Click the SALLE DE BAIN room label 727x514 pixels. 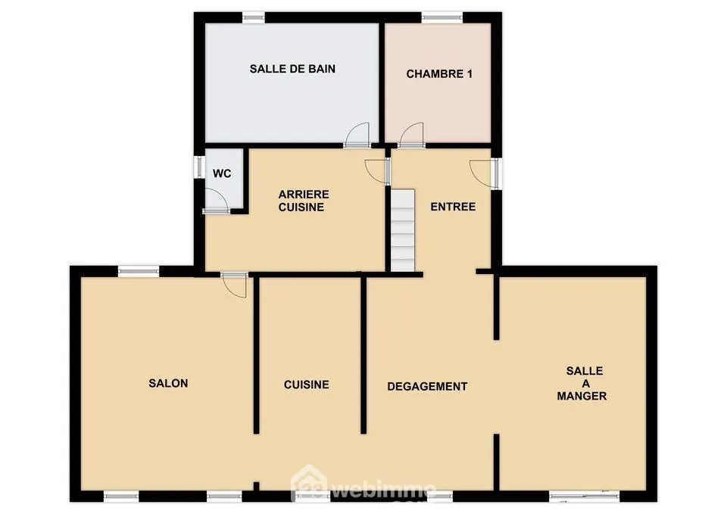click(x=292, y=69)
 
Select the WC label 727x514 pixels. click(x=222, y=173)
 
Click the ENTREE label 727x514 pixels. click(x=453, y=207)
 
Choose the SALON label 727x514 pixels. click(x=168, y=383)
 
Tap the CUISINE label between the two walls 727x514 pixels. click(x=307, y=385)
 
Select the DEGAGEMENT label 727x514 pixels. click(x=427, y=386)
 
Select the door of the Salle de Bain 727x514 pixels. click(x=357, y=136)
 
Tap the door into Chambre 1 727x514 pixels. click(x=412, y=136)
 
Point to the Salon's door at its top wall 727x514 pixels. click(x=235, y=285)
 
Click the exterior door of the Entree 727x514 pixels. click(x=482, y=172)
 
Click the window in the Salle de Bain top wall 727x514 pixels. click(x=254, y=17)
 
